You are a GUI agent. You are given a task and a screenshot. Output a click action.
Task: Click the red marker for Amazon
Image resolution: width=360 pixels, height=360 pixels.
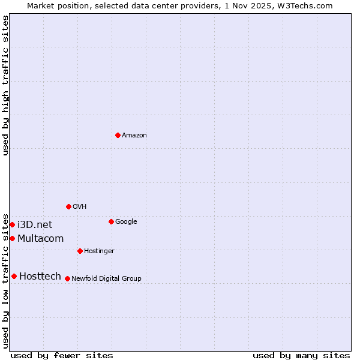(118, 135)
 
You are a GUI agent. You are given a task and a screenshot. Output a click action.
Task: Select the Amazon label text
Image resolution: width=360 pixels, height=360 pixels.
(134, 136)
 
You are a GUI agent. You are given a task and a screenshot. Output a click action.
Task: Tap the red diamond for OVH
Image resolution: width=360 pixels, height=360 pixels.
(68, 206)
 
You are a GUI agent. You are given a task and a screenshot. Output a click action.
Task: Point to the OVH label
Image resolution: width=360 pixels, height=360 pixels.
(80, 207)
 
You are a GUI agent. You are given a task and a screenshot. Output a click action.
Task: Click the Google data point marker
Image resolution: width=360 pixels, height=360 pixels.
(111, 221)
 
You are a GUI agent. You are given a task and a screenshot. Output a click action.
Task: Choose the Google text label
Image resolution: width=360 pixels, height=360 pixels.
(126, 222)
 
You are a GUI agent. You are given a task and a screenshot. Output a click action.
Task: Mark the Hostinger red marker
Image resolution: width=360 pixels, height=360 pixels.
(80, 251)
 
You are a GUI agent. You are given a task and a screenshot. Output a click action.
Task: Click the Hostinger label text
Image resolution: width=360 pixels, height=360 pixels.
(99, 251)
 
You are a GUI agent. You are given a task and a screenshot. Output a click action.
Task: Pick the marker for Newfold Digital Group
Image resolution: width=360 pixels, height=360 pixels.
(67, 278)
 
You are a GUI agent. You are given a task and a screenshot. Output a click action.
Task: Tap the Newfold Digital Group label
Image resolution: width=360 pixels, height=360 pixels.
(106, 278)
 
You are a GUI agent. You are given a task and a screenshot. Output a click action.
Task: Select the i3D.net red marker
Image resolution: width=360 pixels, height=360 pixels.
(12, 224)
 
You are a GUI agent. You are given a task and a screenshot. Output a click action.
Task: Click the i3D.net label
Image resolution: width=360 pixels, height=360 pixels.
(35, 225)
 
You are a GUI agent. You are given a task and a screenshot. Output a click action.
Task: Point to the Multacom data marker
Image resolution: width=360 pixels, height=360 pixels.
(12, 238)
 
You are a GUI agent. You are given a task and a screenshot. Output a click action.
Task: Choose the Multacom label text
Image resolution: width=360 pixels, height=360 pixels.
(40, 239)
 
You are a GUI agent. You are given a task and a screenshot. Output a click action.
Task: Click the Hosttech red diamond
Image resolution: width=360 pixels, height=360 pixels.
(14, 276)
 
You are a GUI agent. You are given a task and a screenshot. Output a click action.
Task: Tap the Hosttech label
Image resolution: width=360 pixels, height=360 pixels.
(40, 277)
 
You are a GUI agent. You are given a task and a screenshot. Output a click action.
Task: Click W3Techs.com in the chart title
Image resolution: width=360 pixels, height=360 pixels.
(311, 5)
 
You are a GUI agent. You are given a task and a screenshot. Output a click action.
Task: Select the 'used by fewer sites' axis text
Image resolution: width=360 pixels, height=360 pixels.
(62, 355)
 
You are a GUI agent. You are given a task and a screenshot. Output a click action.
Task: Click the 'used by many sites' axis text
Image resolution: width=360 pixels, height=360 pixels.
(301, 355)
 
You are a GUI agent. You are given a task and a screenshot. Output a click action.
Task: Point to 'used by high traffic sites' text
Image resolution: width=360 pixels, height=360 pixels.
(5, 85)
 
